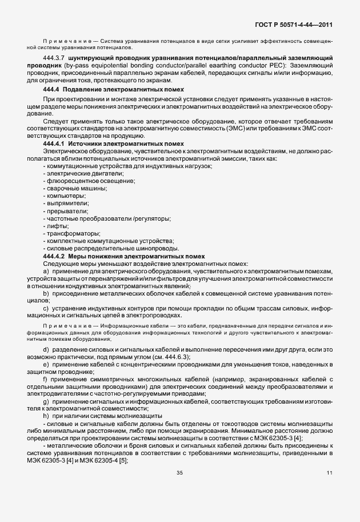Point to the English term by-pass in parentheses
pos(99,67)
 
